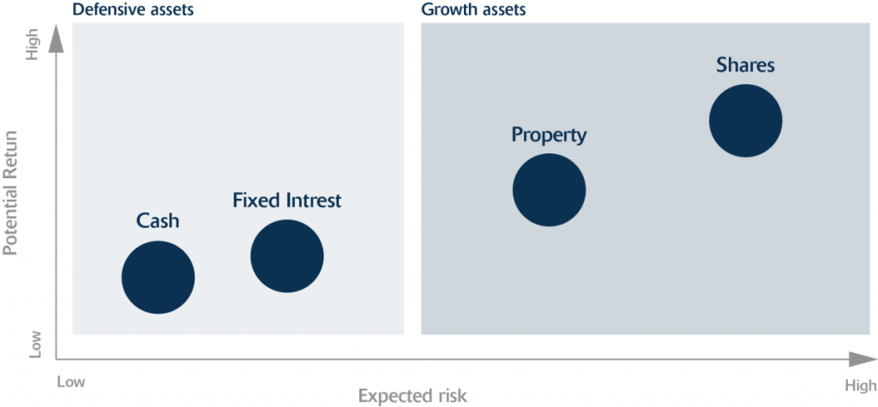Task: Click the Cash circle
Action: point(159,277)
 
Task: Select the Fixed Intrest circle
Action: point(286,256)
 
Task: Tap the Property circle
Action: point(550,189)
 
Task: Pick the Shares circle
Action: point(746,120)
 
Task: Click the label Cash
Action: point(158,220)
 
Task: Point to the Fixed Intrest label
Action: point(286,200)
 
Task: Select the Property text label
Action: point(550,135)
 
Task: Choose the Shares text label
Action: point(746,65)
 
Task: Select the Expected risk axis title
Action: point(412,396)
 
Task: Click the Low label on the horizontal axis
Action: point(71,382)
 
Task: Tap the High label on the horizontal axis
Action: point(861,386)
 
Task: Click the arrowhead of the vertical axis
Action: point(56,39)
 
